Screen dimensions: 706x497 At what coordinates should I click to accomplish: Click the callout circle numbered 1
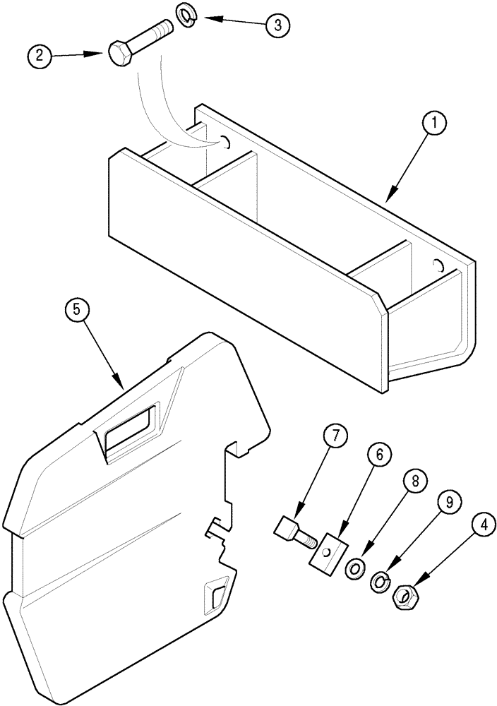434,124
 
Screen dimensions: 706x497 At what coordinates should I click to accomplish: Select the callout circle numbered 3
277,25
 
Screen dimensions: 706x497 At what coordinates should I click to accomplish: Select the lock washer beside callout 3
186,18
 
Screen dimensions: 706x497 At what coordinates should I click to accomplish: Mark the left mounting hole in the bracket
226,143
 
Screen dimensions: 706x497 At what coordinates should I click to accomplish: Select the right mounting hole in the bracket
438,266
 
